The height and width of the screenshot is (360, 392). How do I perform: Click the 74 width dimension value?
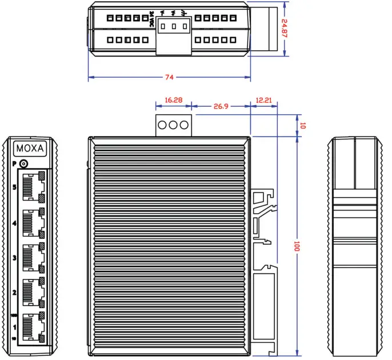[x=169, y=77]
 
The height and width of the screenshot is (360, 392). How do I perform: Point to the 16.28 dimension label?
[x=173, y=100]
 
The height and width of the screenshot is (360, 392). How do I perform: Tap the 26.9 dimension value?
[x=221, y=106]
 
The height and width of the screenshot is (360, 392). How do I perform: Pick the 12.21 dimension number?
[x=263, y=100]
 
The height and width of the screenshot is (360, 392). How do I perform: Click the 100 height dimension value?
[x=296, y=246]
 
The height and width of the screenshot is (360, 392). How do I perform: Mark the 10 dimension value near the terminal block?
[x=303, y=125]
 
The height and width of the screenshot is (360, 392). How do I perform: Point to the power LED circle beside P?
[x=23, y=164]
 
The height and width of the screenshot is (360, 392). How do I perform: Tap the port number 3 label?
[x=14, y=258]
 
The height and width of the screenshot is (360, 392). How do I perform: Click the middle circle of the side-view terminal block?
[x=173, y=125]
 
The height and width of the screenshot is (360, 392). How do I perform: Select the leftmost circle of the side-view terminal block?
[x=163, y=125]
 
